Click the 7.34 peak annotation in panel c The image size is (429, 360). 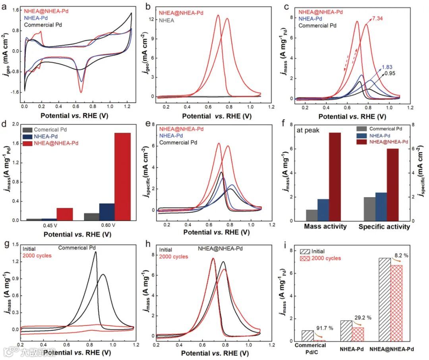[x=379, y=19]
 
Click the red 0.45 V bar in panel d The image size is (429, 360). [x=64, y=214]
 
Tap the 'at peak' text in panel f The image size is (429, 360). [x=306, y=130]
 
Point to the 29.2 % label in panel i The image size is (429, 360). [x=361, y=317]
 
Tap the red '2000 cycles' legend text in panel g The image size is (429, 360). [x=37, y=255]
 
